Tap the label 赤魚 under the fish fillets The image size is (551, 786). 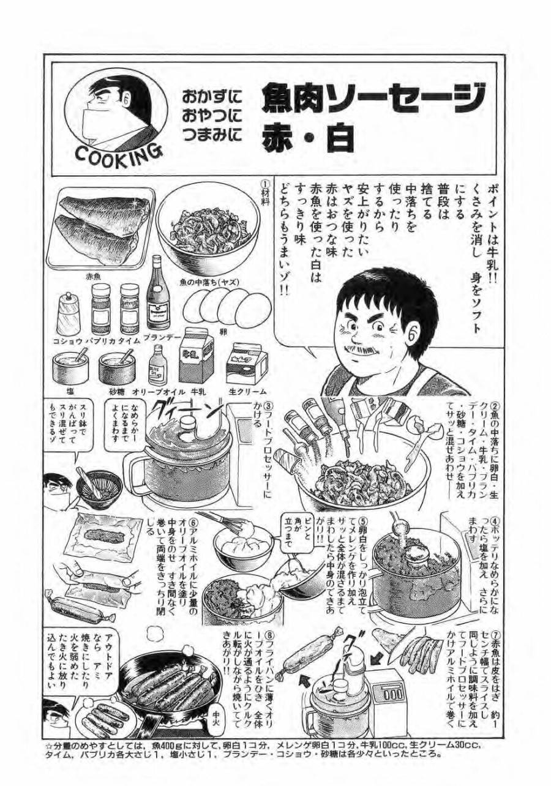[94, 277]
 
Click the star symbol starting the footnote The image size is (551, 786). [50, 745]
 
